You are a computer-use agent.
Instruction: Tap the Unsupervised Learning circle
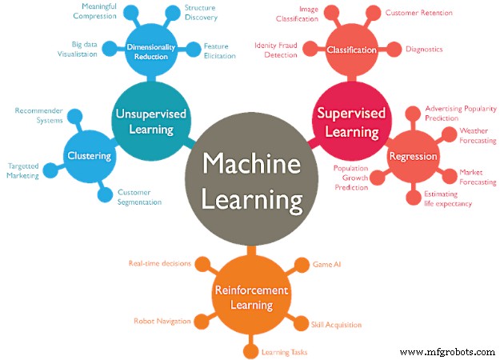[x=150, y=122]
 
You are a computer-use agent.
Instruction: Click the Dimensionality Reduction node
[x=156, y=52]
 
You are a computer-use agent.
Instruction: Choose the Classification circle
[x=351, y=50]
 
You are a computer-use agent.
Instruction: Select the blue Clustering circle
[x=89, y=155]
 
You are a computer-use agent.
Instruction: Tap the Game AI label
[x=326, y=263]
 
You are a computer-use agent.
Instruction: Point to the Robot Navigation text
[x=162, y=321]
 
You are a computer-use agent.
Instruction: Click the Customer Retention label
[x=430, y=13]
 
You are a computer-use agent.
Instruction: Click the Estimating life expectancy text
[x=448, y=198]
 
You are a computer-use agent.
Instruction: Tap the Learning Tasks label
[x=285, y=351]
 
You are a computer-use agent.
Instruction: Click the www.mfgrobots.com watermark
[x=447, y=351]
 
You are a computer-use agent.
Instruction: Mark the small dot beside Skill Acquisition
[x=302, y=324]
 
